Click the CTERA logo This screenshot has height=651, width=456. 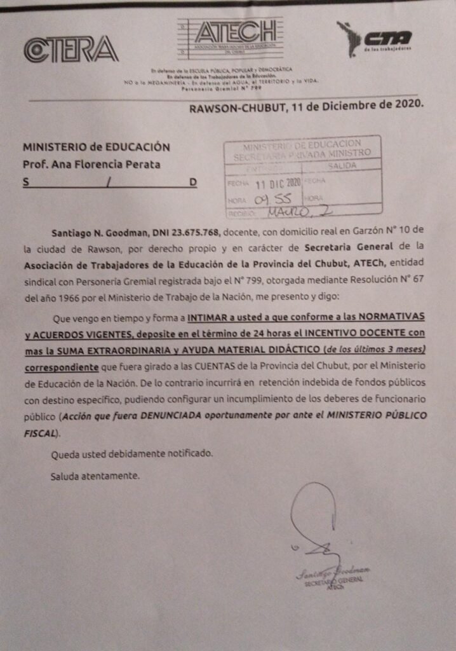pyautogui.click(x=71, y=50)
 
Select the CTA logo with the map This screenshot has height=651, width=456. pyautogui.click(x=374, y=38)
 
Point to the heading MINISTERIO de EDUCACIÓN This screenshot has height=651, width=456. pyautogui.click(x=97, y=147)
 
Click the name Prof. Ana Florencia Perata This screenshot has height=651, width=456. pyautogui.click(x=91, y=165)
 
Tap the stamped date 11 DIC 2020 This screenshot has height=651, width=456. pyautogui.click(x=277, y=184)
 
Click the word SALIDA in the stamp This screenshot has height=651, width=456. pyautogui.click(x=341, y=166)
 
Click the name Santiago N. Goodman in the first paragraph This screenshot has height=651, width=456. pyautogui.click(x=101, y=229)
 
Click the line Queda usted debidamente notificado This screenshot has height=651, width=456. pyautogui.click(x=132, y=454)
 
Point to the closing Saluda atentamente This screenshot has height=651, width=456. pyautogui.click(x=95, y=476)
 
